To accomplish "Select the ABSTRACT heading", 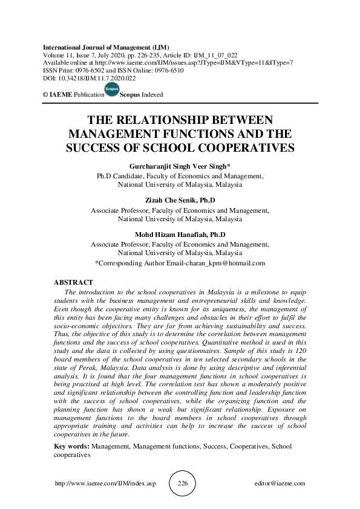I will (73, 282).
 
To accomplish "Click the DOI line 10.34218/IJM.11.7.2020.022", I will (89, 78).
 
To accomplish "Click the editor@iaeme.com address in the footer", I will (280, 484).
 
